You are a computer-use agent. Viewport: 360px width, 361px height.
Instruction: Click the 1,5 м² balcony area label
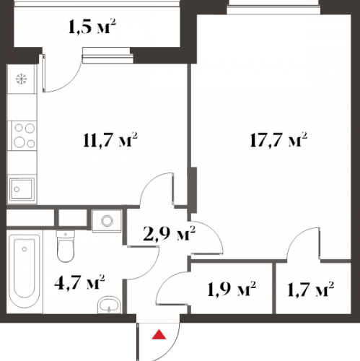point(92,26)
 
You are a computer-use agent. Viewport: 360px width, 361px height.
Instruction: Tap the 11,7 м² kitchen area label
point(110,139)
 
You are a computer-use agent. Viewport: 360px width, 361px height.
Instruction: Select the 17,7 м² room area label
point(278,139)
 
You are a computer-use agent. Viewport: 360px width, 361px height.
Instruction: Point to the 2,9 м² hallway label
point(169,233)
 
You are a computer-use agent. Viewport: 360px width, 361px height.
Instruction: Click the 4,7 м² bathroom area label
point(79,282)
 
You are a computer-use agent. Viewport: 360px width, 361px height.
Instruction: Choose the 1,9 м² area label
point(232,288)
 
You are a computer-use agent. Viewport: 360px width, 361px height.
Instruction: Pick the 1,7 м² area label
point(311,288)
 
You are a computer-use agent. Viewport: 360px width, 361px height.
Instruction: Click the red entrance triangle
point(159,334)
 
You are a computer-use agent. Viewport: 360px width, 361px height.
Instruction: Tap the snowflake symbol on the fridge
point(22,79)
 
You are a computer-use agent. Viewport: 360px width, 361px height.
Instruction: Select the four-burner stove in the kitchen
point(22,136)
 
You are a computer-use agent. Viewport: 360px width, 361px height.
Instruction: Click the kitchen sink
point(22,189)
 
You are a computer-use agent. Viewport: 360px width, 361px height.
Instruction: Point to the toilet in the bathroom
point(66,246)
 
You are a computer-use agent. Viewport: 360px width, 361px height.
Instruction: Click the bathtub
point(25,271)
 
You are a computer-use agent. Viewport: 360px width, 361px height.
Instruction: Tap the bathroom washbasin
point(110,305)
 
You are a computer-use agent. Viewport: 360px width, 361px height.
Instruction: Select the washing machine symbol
point(107,221)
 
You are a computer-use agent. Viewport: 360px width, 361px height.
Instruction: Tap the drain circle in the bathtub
point(24,249)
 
